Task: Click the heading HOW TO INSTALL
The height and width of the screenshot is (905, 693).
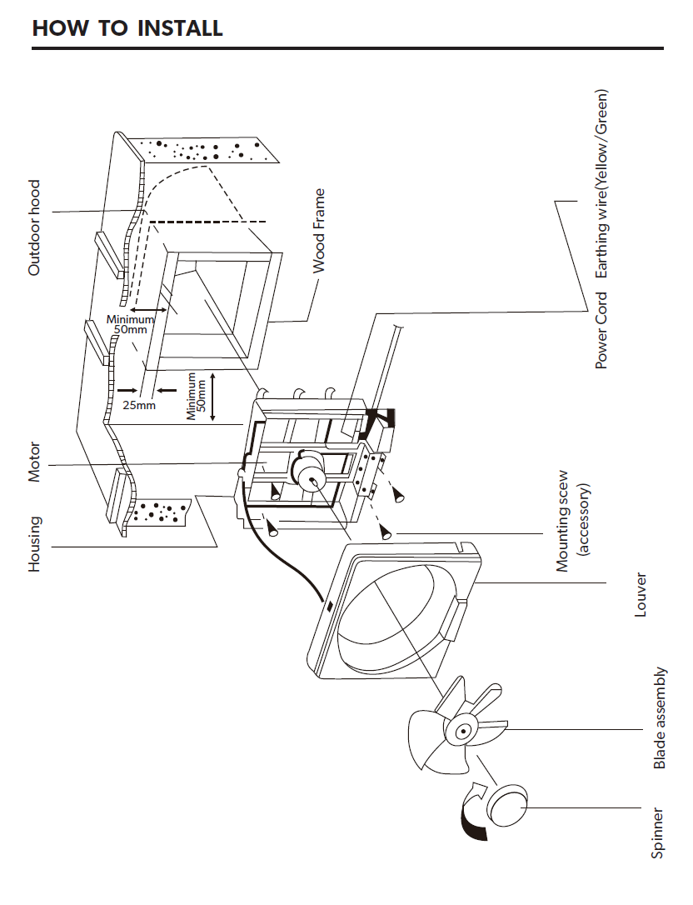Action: (127, 27)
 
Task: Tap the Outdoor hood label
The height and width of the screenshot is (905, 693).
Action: (34, 227)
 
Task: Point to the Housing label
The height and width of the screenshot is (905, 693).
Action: (34, 544)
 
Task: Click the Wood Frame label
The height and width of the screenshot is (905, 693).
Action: (319, 231)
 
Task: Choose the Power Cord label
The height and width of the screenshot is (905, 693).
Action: (601, 330)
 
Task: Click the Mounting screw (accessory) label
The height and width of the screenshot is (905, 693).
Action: (572, 521)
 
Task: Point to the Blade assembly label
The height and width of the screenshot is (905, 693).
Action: (660, 717)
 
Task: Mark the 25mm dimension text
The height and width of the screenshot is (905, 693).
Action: (139, 406)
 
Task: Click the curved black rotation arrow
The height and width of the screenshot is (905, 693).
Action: (471, 814)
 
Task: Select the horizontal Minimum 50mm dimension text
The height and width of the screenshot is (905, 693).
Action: (130, 325)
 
